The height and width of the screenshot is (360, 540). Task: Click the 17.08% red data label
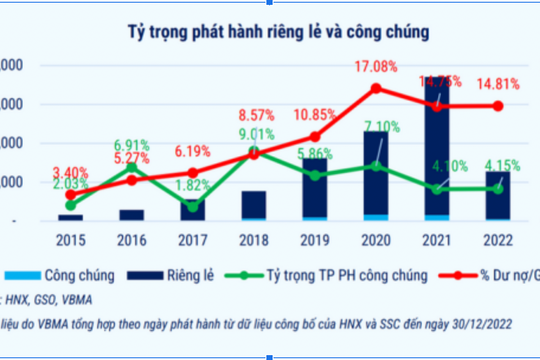coord(376,67)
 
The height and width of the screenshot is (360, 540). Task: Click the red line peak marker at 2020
coord(376,88)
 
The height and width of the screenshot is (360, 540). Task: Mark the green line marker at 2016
coord(133,167)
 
